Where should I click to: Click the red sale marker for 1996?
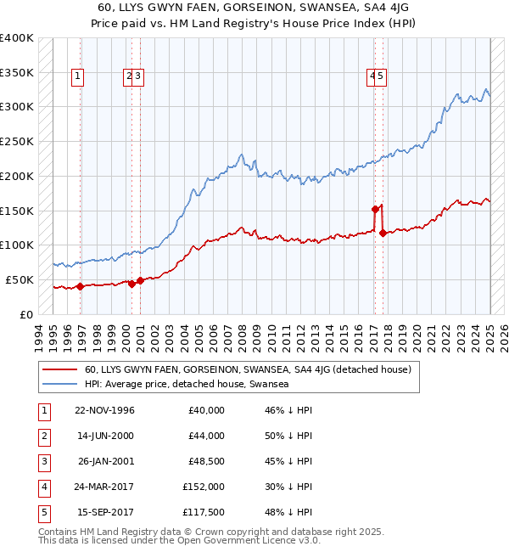80,286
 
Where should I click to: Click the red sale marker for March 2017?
375,208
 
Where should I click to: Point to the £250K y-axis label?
17,141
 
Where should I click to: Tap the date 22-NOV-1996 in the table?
105,410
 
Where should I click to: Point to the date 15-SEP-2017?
105,512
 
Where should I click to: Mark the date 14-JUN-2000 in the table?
105,436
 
